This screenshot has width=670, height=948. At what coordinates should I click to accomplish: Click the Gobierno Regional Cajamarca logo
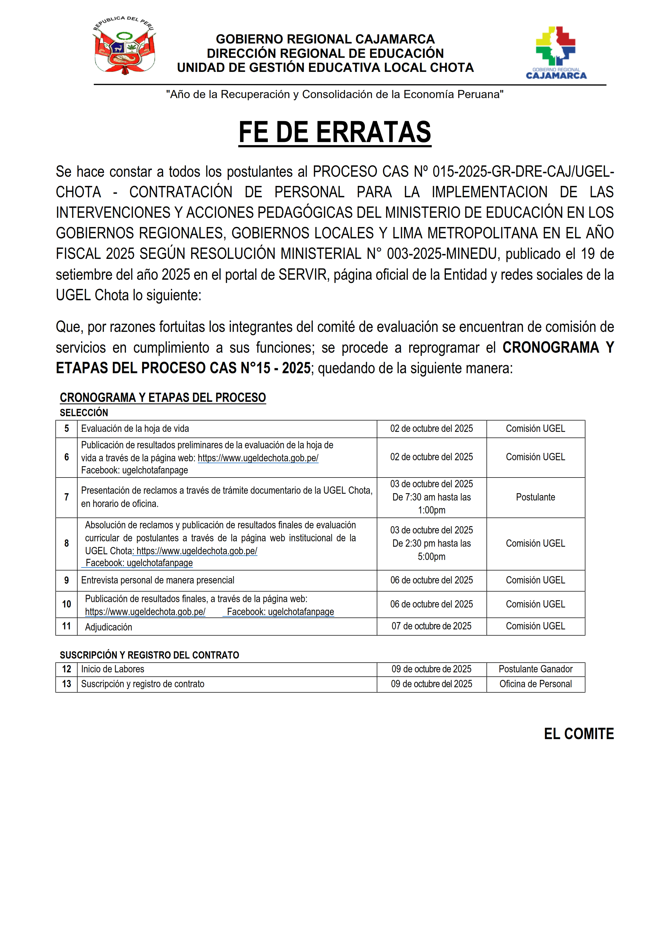[x=556, y=52]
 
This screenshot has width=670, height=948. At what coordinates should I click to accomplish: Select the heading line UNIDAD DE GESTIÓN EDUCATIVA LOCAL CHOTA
[x=325, y=68]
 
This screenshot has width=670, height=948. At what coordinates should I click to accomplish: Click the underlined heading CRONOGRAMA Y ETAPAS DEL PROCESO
[x=163, y=397]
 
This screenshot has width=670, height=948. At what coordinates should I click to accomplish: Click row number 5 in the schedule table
[x=66, y=429]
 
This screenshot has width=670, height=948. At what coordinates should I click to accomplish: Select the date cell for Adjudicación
[x=431, y=626]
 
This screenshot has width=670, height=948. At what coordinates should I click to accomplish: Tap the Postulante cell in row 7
[x=535, y=497]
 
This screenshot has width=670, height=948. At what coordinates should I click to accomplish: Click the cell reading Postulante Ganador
[x=535, y=669]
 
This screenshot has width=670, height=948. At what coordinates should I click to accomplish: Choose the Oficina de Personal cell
[x=535, y=684]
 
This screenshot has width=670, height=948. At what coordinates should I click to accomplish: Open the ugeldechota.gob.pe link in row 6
[x=258, y=458]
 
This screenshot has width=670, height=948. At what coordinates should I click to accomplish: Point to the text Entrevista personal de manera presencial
[x=158, y=580]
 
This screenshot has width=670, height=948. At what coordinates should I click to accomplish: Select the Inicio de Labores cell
[x=113, y=669]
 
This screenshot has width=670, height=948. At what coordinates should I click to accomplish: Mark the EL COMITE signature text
[x=579, y=734]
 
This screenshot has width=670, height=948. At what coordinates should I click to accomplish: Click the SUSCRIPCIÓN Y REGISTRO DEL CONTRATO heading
[x=149, y=655]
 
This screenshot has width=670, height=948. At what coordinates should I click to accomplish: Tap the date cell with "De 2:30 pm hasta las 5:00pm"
[x=431, y=543]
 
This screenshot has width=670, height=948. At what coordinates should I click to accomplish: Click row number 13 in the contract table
[x=66, y=684]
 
